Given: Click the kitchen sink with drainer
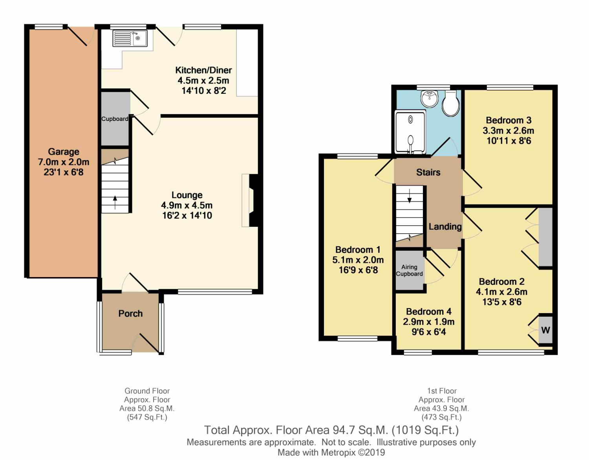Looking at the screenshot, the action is click(130, 38).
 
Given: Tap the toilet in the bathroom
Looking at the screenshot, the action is click(451, 103).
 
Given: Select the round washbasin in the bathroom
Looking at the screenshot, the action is click(430, 99).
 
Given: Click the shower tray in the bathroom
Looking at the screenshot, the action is click(410, 132).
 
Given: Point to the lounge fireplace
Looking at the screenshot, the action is click(250, 200).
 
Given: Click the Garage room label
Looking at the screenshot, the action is click(64, 152).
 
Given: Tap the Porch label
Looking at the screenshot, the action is click(130, 314).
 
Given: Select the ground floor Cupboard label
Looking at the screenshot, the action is click(115, 119).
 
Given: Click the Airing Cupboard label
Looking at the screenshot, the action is click(409, 270).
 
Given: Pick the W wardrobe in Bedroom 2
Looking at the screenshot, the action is click(545, 330).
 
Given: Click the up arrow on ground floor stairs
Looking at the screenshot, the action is click(115, 202).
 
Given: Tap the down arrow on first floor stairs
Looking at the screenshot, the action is click(409, 196).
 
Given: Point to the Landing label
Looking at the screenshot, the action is click(445, 226).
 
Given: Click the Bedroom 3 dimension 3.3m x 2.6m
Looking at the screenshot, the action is click(509, 131).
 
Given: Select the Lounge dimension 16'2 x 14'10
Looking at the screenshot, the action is click(187, 215).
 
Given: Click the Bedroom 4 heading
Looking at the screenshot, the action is click(428, 312).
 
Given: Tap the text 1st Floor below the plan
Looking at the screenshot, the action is click(442, 391).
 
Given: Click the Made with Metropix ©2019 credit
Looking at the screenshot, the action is click(331, 453).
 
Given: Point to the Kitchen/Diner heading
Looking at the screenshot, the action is click(203, 70).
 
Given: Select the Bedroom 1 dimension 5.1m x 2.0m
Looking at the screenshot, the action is click(358, 260).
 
